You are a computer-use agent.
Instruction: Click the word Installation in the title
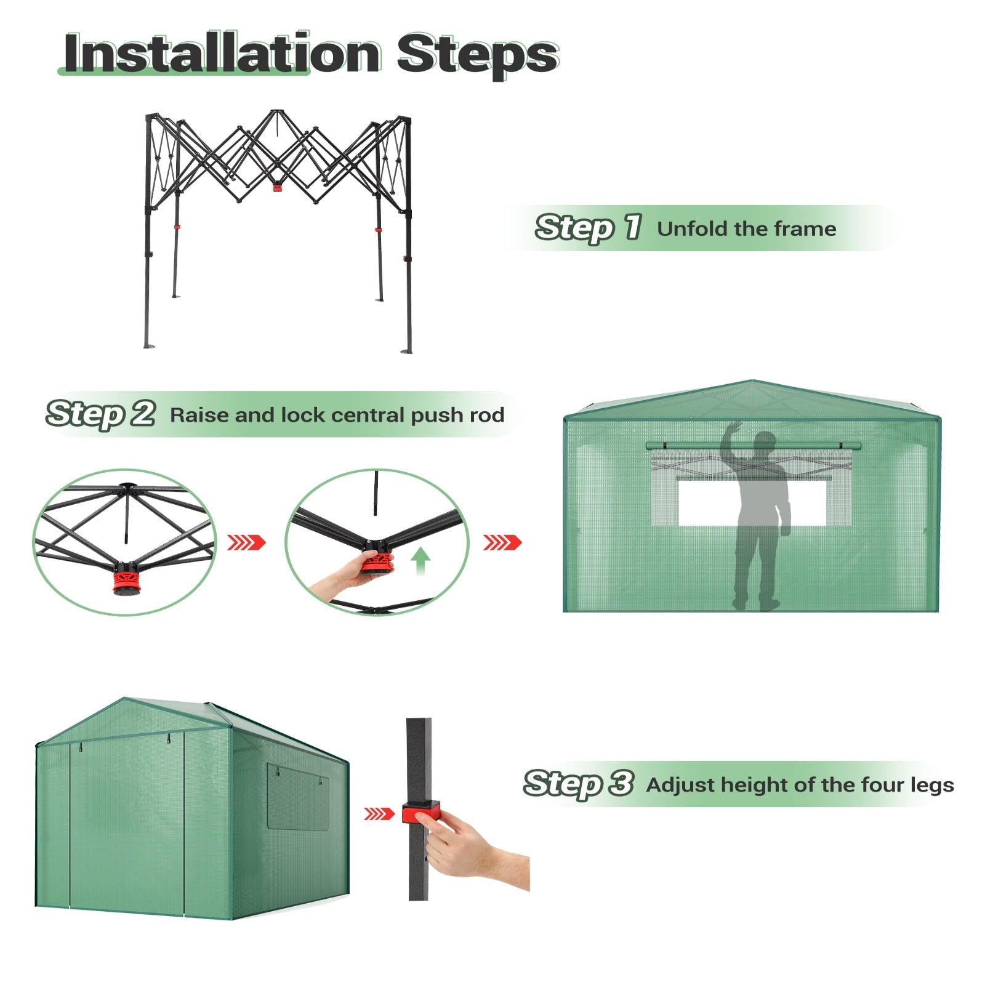[x=222, y=54]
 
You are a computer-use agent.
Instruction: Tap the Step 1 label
[x=589, y=228]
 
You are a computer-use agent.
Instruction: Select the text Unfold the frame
[x=746, y=228]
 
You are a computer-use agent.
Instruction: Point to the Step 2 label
[x=100, y=414]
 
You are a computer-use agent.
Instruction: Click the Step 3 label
[x=578, y=784]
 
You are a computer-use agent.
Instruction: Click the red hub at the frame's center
[x=278, y=185]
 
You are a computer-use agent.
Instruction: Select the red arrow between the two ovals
[x=247, y=542]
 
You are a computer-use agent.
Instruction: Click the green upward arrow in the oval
[x=420, y=561]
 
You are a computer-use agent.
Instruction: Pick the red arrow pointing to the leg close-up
[x=379, y=814]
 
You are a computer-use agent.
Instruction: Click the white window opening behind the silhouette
[x=752, y=502]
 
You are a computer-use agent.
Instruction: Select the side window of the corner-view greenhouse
[x=298, y=797]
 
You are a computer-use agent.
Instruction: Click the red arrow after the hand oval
[x=502, y=542]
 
